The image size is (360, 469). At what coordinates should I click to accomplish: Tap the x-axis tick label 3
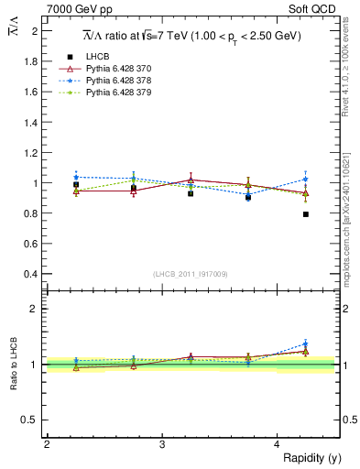pyautogui.click(x=162, y=443)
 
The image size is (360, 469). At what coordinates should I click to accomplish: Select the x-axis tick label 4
pyautogui.click(x=278, y=443)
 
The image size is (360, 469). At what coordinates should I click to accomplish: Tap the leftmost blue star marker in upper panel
pyautogui.click(x=76, y=177)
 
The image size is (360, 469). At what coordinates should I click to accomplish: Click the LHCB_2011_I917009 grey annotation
pyautogui.click(x=191, y=274)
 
